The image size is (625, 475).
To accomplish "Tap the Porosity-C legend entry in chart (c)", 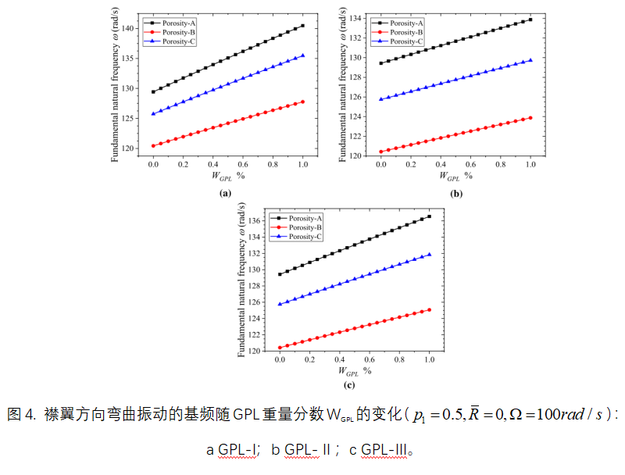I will pyautogui.click(x=301, y=236).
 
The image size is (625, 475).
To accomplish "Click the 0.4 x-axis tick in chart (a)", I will pyautogui.click(x=212, y=166).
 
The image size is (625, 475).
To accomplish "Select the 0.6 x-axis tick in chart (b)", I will pyautogui.click(x=470, y=166).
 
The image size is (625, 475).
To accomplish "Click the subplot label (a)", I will pyautogui.click(x=226, y=192).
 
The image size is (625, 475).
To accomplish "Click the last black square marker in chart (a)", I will pyautogui.click(x=303, y=26).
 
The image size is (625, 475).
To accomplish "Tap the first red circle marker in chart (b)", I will pyautogui.click(x=380, y=152).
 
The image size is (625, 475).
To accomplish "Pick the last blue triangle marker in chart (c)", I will pyautogui.click(x=430, y=254).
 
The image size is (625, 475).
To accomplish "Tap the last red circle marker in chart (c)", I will pyautogui.click(x=430, y=309).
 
